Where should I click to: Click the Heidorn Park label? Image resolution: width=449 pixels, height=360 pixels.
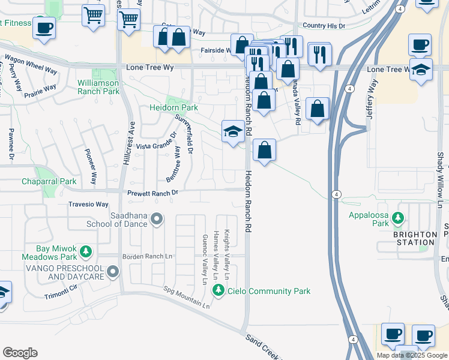click(x=173, y=108)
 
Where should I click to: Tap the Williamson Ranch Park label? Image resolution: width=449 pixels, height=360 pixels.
click(x=98, y=87)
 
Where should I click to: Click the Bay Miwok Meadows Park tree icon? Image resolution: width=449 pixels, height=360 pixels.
click(x=86, y=251)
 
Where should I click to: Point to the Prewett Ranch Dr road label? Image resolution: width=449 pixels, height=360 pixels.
click(x=152, y=193)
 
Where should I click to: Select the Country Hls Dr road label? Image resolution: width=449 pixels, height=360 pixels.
click(x=324, y=26)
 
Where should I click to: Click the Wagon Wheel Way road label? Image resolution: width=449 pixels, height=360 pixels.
click(x=31, y=64)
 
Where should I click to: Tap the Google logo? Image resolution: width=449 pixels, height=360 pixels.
click(x=20, y=353)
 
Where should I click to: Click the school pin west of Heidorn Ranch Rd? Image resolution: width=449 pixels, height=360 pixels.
click(x=233, y=132)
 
